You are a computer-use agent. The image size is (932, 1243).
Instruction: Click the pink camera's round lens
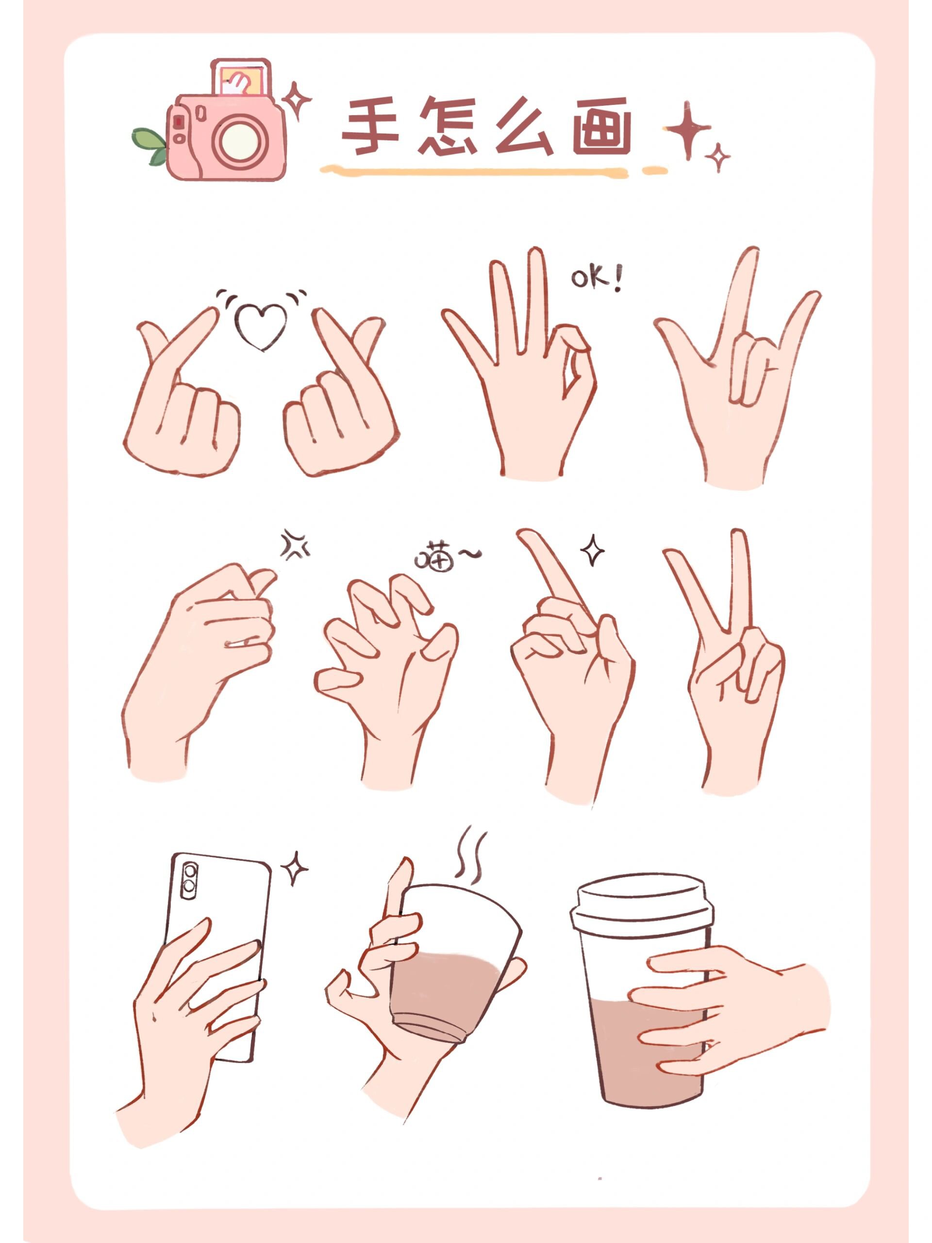pos(238,141)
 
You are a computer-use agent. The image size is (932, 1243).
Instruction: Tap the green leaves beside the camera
pos(150,146)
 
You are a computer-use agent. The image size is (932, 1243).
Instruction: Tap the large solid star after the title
pos(687,130)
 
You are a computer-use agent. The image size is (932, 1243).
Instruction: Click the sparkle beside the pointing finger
pos(592,550)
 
